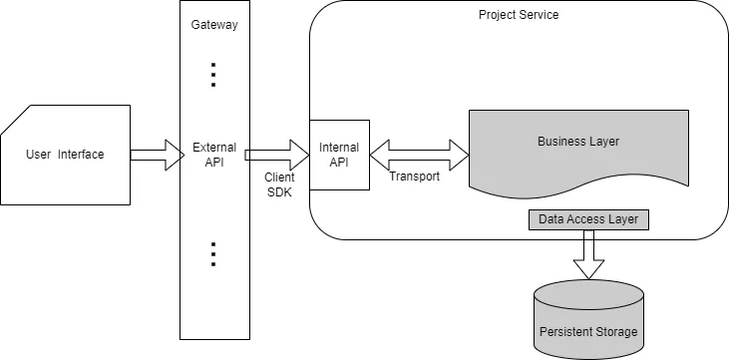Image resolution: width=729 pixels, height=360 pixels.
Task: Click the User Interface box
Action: [x=66, y=154]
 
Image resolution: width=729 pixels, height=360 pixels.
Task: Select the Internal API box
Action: [x=339, y=155]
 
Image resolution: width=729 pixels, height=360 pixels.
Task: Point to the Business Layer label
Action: [x=578, y=142]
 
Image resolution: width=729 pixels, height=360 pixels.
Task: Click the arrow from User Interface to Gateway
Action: [x=155, y=154]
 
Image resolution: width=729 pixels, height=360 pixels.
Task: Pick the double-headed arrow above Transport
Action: [x=419, y=154]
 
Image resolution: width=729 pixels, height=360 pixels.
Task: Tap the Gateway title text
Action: [x=214, y=25]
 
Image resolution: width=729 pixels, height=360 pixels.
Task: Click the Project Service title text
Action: [x=519, y=15]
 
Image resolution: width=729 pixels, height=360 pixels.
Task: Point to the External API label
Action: [x=214, y=155]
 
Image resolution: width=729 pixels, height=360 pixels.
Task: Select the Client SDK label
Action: [x=279, y=183]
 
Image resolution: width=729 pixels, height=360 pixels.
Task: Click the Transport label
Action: [x=414, y=178]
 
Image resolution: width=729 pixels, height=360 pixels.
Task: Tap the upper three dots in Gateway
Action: [x=213, y=75]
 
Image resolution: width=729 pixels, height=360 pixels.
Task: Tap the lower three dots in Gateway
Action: [x=213, y=254]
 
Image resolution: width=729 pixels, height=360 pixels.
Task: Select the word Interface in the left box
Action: [x=81, y=154]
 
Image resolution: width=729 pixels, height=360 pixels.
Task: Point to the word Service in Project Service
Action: [x=540, y=15]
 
